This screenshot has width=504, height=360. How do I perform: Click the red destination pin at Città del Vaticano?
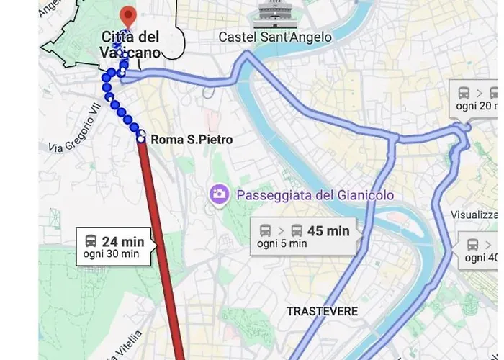pos(127,15)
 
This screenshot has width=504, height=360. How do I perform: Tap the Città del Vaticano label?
pos(130,44)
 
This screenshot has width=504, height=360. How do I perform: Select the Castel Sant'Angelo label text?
pos(275,37)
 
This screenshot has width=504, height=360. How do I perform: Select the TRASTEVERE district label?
pos(322,311)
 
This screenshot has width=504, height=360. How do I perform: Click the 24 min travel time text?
pos(123,242)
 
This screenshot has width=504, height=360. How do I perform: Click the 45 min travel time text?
pos(328,230)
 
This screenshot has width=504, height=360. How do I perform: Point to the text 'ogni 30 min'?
pos(111,254)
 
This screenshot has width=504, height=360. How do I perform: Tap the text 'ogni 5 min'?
pos(282,244)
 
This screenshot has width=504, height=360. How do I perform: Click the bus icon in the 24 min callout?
pos(91,241)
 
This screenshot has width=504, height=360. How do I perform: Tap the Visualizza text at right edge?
pos(474,215)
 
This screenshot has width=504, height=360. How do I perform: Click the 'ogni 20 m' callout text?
pos(477,107)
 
